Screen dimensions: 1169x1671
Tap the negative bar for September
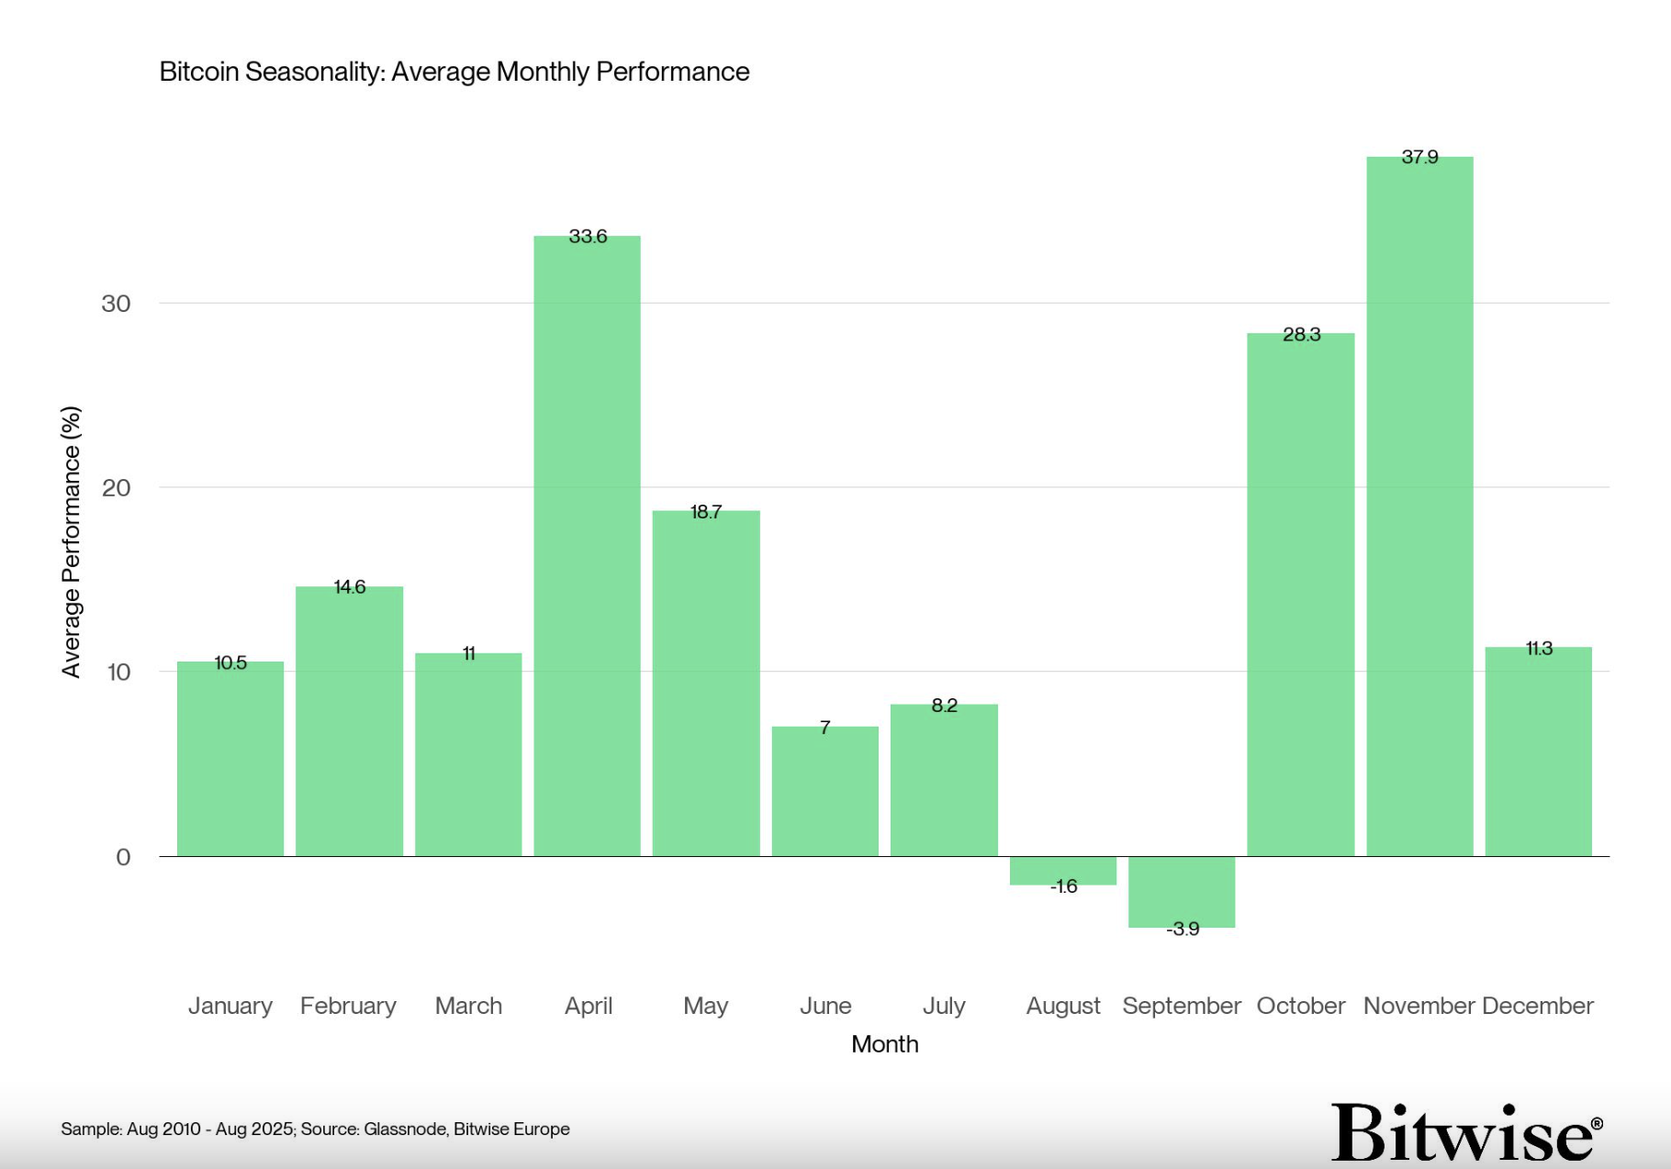(x=1182, y=890)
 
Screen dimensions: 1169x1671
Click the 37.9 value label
(x=1419, y=158)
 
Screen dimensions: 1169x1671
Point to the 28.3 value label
(x=1301, y=335)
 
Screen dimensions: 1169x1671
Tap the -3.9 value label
(x=1183, y=930)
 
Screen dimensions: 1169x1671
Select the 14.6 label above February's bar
(x=349, y=587)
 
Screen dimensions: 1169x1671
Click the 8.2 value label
(x=944, y=706)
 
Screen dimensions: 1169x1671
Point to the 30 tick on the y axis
(x=116, y=304)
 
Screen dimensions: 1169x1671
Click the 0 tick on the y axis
(x=123, y=857)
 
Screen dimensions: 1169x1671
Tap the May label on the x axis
(x=705, y=1007)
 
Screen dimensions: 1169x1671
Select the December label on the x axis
(x=1537, y=1007)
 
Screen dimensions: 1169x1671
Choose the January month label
(x=230, y=1007)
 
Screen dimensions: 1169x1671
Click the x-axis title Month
(x=884, y=1044)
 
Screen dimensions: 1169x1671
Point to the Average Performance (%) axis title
(x=72, y=541)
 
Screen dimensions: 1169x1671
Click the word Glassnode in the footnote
(x=405, y=1130)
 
